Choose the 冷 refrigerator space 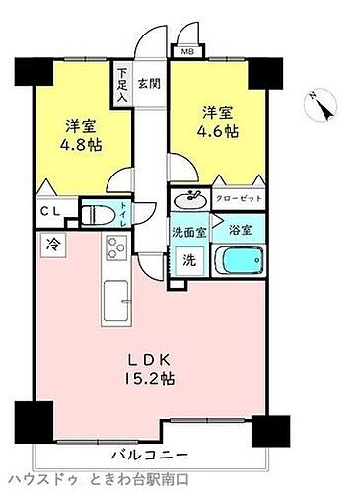pos(50,241)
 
